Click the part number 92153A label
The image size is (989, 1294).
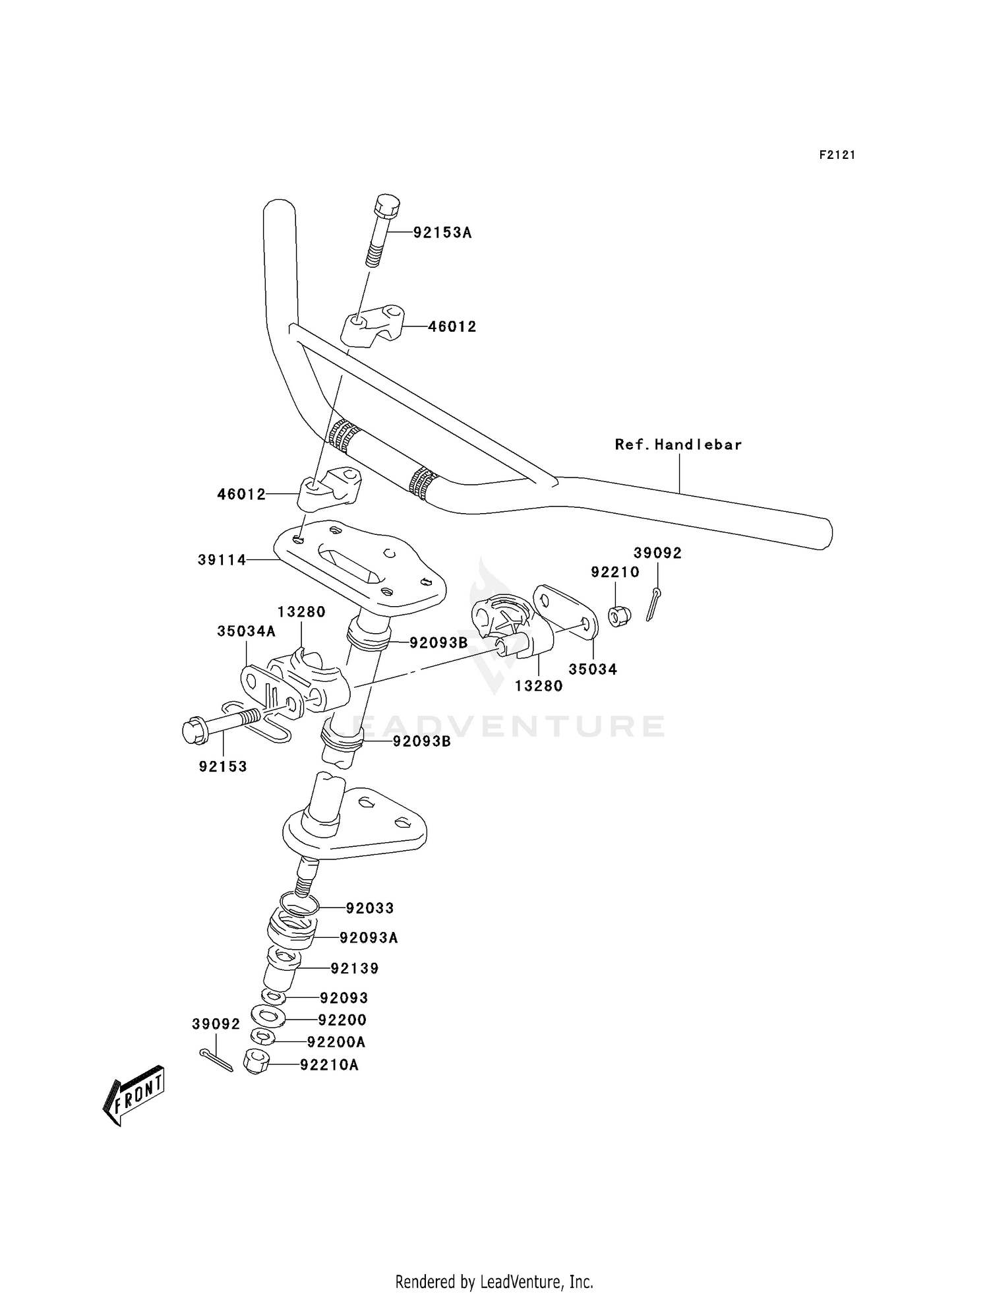442,233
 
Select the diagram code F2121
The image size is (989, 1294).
837,155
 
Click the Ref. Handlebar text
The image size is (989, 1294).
678,445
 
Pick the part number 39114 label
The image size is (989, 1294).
222,560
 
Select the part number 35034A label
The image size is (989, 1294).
247,631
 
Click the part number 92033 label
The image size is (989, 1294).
370,908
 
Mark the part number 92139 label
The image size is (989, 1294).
355,968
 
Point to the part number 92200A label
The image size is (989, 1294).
336,1042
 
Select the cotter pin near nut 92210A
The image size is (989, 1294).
216,1060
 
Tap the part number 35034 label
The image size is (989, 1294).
593,669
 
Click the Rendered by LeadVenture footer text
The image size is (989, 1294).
494,1281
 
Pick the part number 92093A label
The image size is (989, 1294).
369,937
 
